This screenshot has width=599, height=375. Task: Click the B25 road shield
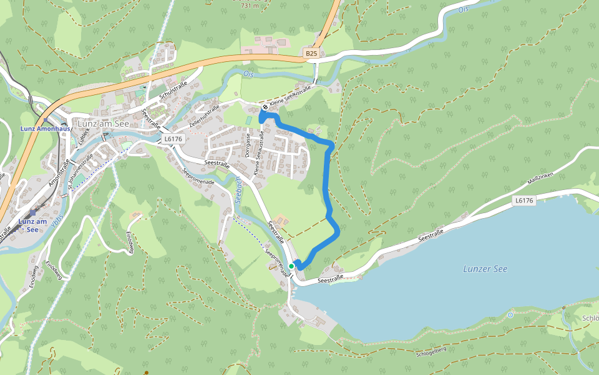311,54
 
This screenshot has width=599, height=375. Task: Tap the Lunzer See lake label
485,269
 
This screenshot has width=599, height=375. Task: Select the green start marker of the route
291,266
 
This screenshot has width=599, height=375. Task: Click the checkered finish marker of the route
265,107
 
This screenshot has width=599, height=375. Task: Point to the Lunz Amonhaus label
45,129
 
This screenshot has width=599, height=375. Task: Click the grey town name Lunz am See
104,122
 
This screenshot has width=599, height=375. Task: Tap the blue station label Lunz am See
32,225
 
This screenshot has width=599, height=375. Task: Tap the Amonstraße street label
59,172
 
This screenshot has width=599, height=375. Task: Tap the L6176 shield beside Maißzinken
525,201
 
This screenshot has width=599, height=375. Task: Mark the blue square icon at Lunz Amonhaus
46,121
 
